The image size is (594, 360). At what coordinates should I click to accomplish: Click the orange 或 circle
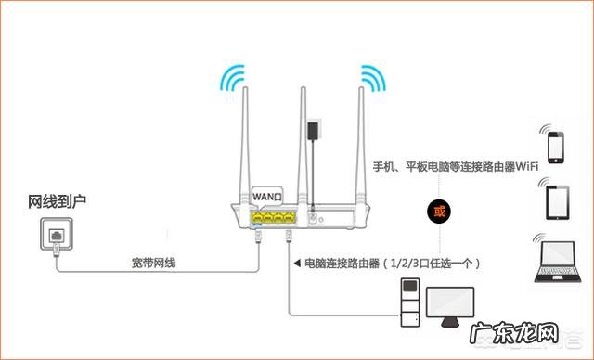(x=440, y=211)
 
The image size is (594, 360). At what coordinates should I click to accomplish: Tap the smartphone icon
(x=555, y=147)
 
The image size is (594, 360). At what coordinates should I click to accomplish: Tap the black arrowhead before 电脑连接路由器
(x=296, y=264)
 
